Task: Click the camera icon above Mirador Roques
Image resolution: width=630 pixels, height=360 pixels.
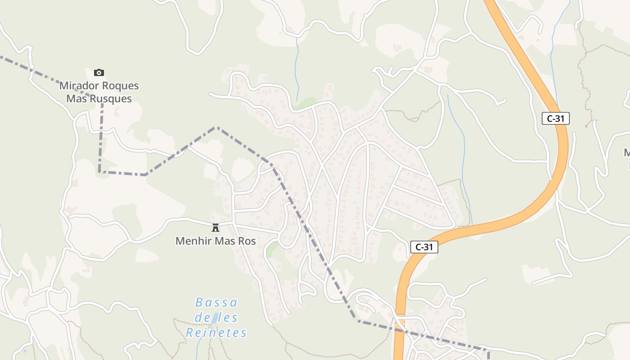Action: [99, 72]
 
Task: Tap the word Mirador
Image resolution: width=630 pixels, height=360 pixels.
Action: [79, 85]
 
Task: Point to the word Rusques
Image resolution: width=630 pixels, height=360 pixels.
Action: [111, 99]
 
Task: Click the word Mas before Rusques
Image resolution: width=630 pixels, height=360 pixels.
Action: [76, 99]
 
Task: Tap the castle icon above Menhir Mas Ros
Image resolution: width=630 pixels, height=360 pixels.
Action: [216, 227]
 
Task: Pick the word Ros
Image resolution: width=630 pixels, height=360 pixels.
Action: [247, 241]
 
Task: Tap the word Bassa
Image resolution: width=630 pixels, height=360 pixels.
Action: [216, 302]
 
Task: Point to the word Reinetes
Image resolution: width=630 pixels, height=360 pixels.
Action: [216, 333]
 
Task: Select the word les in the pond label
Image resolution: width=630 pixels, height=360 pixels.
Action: [229, 318]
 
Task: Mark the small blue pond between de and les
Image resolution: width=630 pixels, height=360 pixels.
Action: [216, 318]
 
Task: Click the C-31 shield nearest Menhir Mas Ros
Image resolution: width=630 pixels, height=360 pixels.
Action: [424, 247]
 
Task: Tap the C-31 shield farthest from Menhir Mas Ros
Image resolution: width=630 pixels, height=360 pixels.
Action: [556, 119]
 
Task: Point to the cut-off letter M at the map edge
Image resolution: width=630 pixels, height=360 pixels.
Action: [627, 153]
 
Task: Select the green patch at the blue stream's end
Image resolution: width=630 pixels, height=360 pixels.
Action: [304, 103]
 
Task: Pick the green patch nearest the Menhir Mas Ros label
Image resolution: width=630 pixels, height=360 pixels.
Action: [271, 249]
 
